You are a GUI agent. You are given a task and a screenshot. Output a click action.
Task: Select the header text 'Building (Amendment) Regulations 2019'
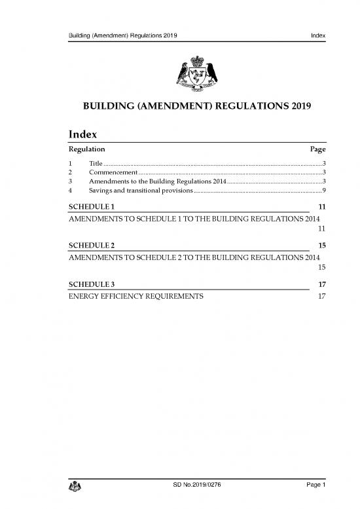[120, 34]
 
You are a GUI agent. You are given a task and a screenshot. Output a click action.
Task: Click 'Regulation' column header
[87, 150]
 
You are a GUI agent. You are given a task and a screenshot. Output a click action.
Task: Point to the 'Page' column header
[317, 150]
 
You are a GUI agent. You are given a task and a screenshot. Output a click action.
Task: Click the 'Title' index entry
[95, 162]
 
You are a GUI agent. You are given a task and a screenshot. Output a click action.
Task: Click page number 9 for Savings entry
[323, 190]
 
